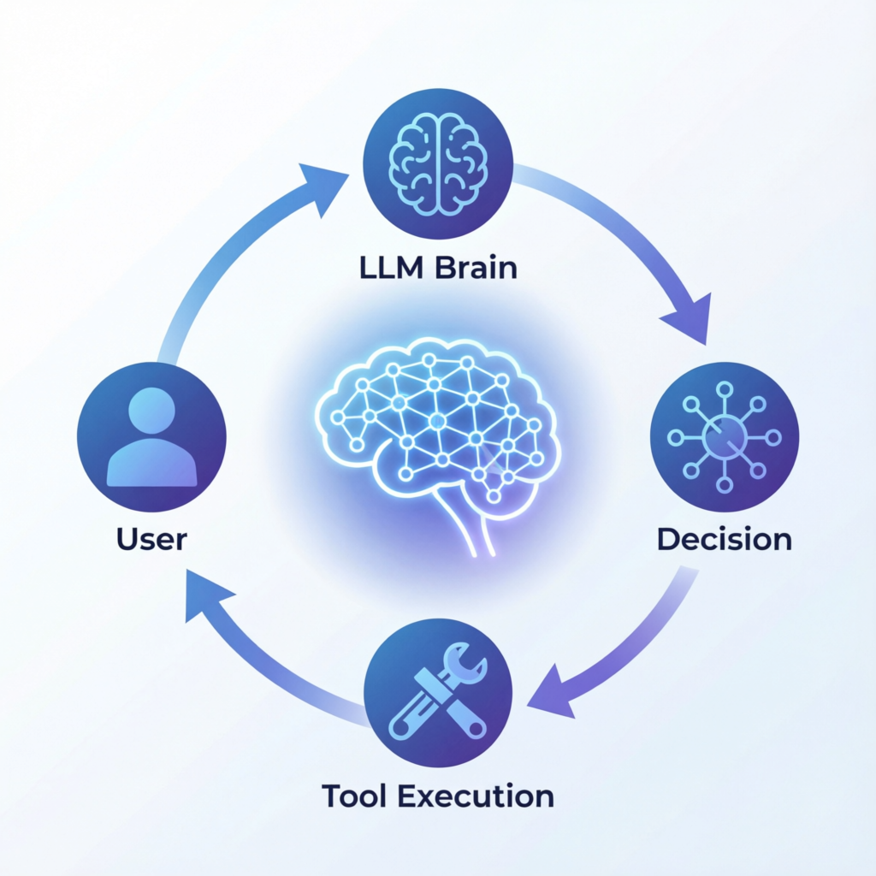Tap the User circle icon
[x=151, y=436]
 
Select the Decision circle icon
[x=725, y=436]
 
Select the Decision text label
[x=724, y=540]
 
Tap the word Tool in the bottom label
[x=354, y=796]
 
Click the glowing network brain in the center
[x=436, y=419]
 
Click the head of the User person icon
[x=151, y=410]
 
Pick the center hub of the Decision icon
[x=724, y=437]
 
